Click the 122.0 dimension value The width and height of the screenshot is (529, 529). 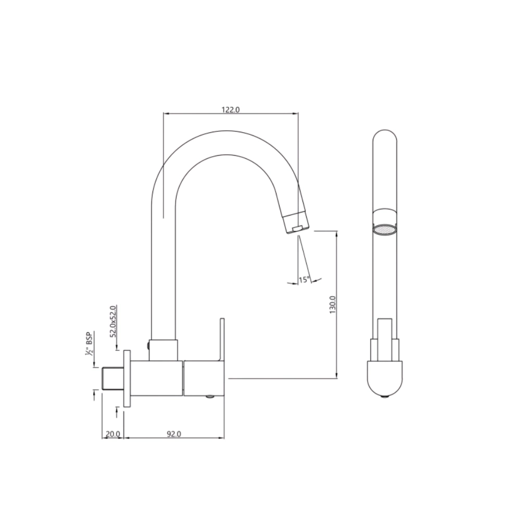pos(230,109)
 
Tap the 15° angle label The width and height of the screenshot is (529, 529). pos(304,280)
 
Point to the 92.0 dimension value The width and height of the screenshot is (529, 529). pos(174,434)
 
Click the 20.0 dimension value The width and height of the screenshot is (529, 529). pos(113,434)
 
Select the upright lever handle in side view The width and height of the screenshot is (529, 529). pos(222,338)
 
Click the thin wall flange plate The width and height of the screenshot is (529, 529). pos(127,378)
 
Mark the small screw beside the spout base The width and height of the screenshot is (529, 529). pos(148,345)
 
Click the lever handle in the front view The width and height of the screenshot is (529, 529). pos(385,338)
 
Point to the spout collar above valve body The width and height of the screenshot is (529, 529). pos(164,350)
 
